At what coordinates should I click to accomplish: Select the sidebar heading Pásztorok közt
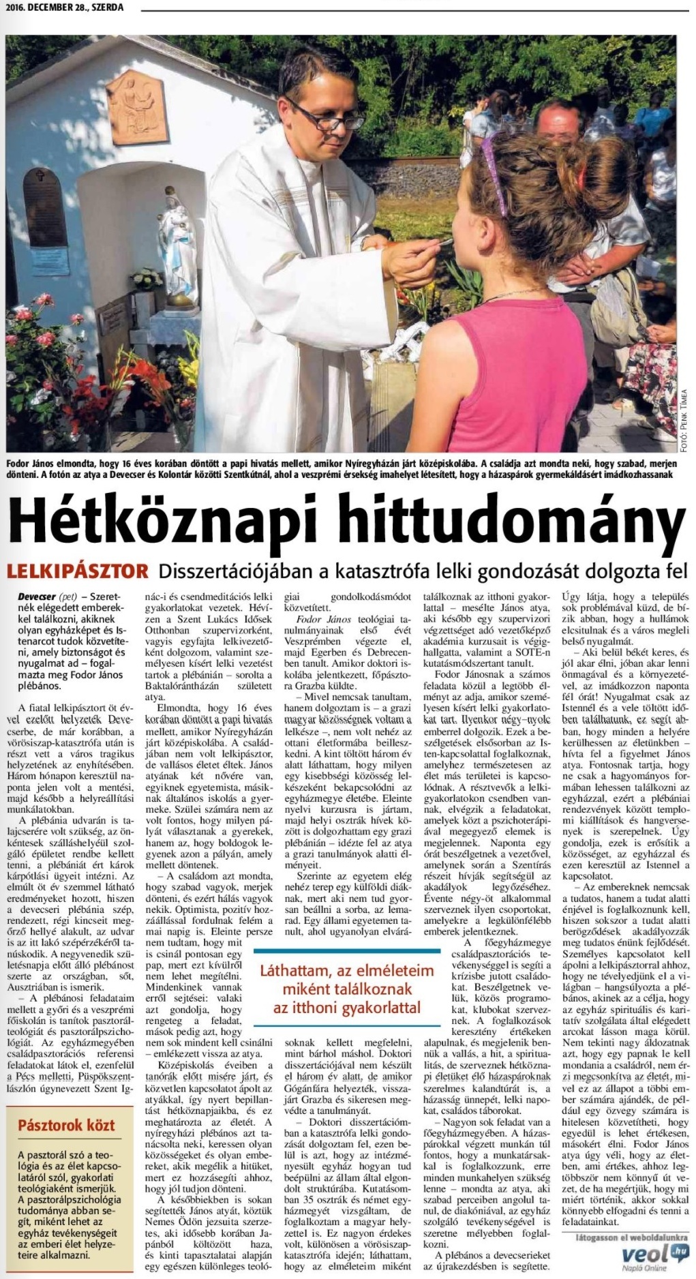click(66, 1125)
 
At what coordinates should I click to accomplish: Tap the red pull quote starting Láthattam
click(347, 989)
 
